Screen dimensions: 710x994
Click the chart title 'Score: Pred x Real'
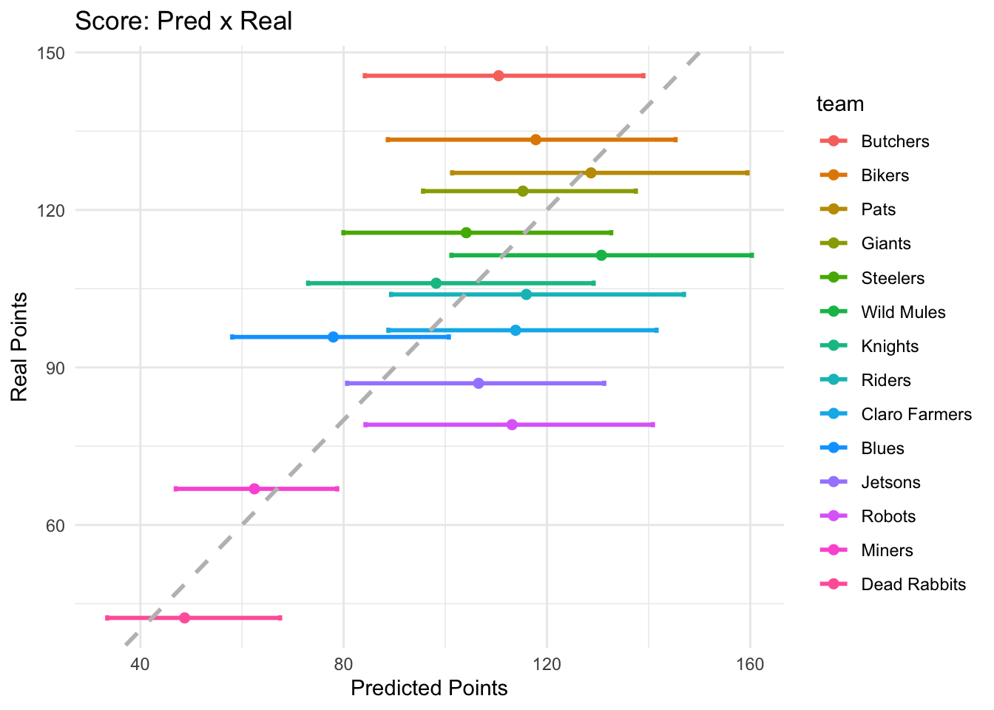click(x=184, y=21)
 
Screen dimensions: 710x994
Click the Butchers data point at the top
click(x=498, y=75)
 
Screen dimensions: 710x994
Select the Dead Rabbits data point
click(x=184, y=618)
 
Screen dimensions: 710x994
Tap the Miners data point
click(x=254, y=489)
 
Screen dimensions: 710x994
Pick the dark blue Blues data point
click(x=333, y=337)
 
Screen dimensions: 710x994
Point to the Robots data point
click(x=512, y=425)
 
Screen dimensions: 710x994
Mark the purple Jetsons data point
click(x=479, y=383)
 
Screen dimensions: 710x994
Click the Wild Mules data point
click(x=601, y=255)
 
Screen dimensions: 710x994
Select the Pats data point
click(x=590, y=173)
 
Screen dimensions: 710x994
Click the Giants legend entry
click(x=885, y=243)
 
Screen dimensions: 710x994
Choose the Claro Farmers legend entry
click(x=916, y=414)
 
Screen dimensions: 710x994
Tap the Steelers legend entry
click(x=893, y=278)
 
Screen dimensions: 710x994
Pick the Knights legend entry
click(x=890, y=346)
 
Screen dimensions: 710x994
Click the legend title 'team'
click(x=840, y=104)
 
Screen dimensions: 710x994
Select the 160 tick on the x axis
click(x=751, y=663)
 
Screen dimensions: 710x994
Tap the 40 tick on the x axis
click(x=141, y=663)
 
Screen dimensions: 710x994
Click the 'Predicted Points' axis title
click(x=429, y=689)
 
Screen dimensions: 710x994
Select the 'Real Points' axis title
click(x=20, y=347)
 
